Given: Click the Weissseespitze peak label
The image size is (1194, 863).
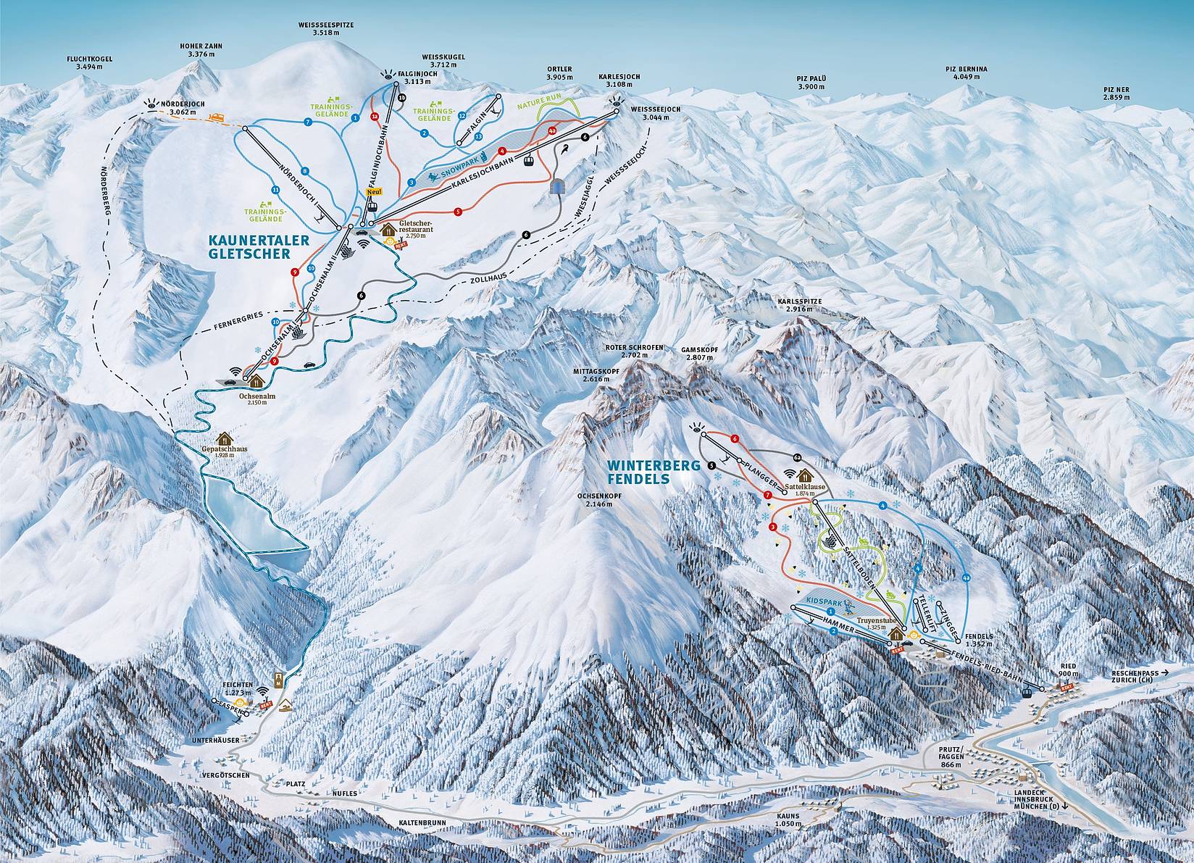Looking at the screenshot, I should coord(325,27).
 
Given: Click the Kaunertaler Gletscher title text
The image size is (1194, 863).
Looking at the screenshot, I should coord(249,246).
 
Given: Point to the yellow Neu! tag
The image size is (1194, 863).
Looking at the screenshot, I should coord(374,191).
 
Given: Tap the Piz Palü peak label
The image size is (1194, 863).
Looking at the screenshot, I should coord(812,82).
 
